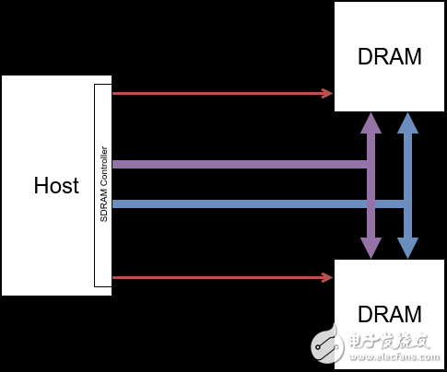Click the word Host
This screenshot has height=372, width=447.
point(56,185)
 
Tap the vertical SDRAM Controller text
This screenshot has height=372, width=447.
point(104,184)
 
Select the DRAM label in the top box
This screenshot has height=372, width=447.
point(389,56)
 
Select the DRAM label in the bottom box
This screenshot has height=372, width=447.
point(389,313)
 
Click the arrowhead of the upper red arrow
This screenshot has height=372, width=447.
point(327,93)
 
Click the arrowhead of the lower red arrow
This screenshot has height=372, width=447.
point(327,277)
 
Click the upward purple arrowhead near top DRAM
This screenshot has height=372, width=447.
point(371,122)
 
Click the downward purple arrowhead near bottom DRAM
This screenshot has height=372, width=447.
point(371,249)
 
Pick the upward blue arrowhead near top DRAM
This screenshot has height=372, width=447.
point(407,122)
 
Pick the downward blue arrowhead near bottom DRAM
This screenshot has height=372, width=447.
point(407,249)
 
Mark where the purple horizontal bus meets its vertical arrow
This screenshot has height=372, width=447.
point(371,165)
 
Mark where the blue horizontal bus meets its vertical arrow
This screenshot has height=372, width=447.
point(407,204)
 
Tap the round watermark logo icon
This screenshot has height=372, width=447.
point(325,345)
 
